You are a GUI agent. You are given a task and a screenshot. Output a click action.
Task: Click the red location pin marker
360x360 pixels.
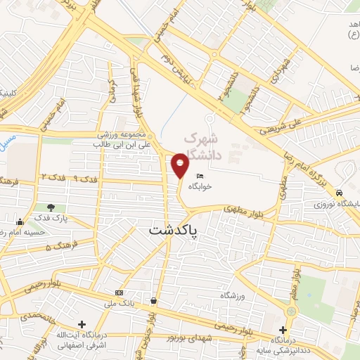click(180, 165)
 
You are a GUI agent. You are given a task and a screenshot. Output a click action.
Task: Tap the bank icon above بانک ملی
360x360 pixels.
click(118, 292)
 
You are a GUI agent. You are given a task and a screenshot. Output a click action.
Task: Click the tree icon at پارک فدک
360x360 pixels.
click(51, 207)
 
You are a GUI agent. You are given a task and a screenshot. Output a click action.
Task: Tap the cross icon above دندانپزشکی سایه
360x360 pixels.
click(283, 330)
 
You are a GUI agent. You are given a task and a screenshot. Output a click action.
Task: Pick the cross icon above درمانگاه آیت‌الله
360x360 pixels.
click(82, 325)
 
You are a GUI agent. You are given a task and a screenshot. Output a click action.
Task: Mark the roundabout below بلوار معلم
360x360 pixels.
click(290, 310)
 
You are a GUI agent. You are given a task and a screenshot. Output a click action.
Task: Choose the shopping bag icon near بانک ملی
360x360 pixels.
click(153, 301)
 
